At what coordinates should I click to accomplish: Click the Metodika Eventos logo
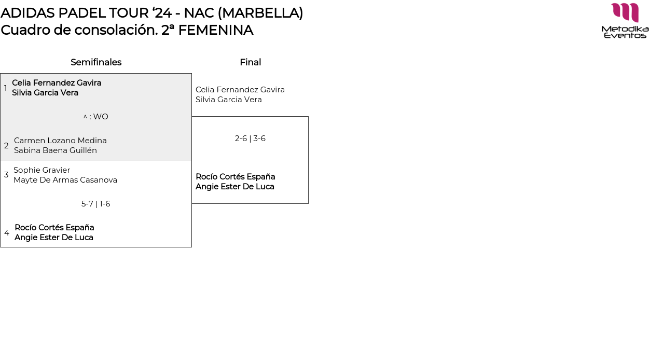pyautogui.click(x=625, y=21)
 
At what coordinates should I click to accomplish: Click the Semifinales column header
pyautogui.click(x=96, y=62)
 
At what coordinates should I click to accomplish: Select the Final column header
pyautogui.click(x=250, y=62)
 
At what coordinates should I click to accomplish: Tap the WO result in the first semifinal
pyautogui.click(x=96, y=117)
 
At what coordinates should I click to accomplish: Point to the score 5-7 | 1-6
pyautogui.click(x=96, y=204)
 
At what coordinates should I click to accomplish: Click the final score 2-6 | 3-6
pyautogui.click(x=250, y=139)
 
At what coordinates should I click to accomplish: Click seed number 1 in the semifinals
pyautogui.click(x=6, y=88)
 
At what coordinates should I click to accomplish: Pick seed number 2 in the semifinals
pyautogui.click(x=6, y=146)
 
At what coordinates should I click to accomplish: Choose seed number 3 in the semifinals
pyautogui.click(x=6, y=175)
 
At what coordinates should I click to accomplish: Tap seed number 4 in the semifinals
pyautogui.click(x=7, y=233)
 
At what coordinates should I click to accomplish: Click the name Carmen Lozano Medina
pyautogui.click(x=60, y=141)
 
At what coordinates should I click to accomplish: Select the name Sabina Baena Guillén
pyautogui.click(x=56, y=150)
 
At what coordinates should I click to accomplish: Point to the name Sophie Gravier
pyautogui.click(x=41, y=170)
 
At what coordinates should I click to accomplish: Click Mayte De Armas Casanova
pyautogui.click(x=65, y=180)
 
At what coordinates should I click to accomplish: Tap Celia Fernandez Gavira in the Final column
pyautogui.click(x=240, y=90)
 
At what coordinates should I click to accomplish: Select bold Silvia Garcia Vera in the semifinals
pyautogui.click(x=45, y=93)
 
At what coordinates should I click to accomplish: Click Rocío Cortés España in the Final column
pyautogui.click(x=235, y=177)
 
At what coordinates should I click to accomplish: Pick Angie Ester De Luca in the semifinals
pyautogui.click(x=54, y=238)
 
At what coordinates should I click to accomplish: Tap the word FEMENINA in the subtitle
pyautogui.click(x=215, y=30)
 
